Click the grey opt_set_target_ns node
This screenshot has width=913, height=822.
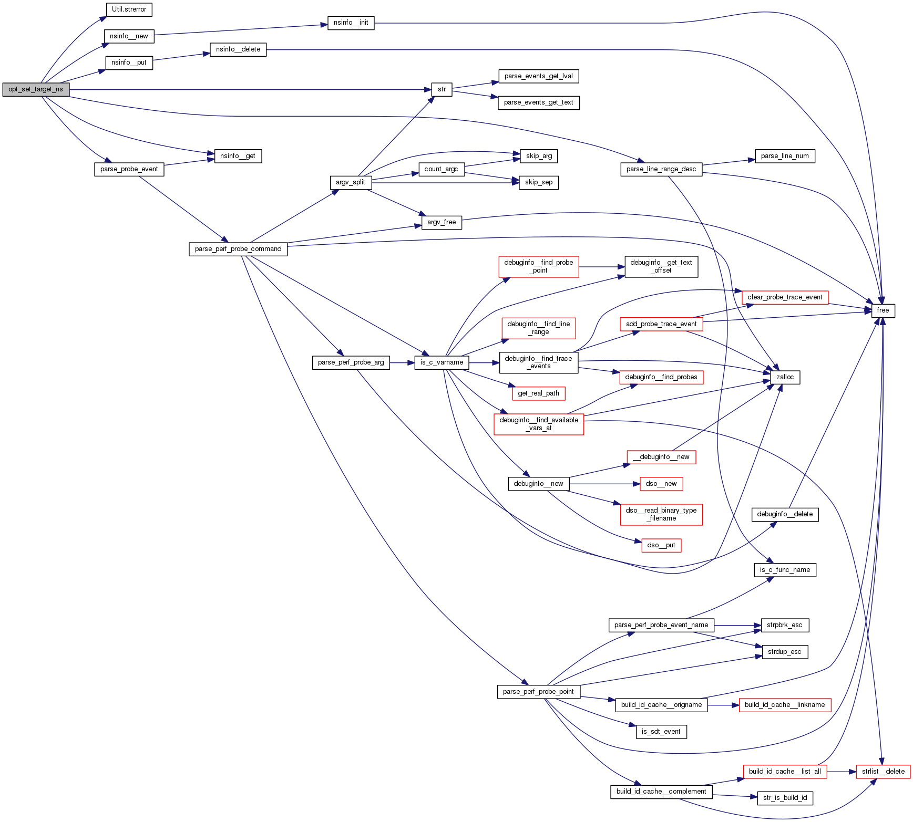point(36,89)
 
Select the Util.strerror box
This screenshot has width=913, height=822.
point(129,9)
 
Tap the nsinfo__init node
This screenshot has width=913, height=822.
point(351,23)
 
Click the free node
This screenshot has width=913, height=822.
point(883,310)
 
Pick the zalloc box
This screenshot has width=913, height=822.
point(785,377)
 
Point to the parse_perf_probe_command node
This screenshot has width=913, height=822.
point(238,249)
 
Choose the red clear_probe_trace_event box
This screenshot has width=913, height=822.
point(785,297)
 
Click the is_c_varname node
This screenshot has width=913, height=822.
point(442,362)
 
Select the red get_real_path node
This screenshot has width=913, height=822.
point(538,393)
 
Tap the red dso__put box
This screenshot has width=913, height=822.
point(661,545)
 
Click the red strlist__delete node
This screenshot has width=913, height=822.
point(883,772)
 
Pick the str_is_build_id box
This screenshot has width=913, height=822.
point(785,798)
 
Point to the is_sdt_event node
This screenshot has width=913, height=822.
point(661,732)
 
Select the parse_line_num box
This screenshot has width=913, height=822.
point(785,156)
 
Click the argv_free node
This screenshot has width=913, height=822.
point(442,222)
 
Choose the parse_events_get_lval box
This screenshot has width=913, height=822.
point(538,76)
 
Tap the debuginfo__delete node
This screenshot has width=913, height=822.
point(785,514)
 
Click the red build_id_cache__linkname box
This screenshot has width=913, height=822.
point(785,705)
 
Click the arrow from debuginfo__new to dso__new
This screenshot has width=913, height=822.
point(604,484)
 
